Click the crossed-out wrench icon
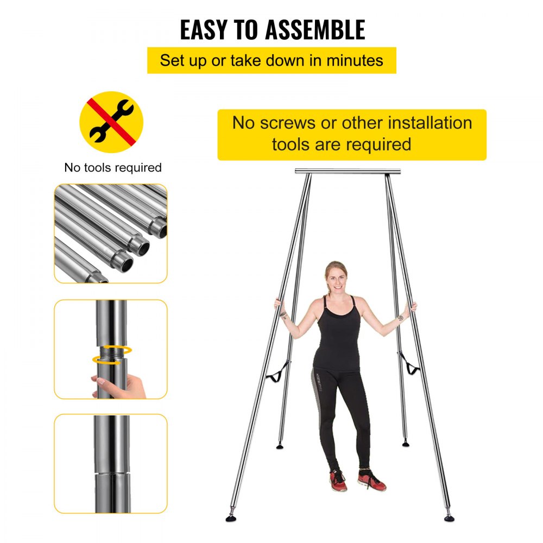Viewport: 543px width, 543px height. tap(111, 122)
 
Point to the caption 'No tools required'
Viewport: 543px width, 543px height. tap(113, 167)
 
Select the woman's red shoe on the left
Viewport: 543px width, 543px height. tap(338, 480)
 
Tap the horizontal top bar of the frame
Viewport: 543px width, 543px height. tap(348, 171)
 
